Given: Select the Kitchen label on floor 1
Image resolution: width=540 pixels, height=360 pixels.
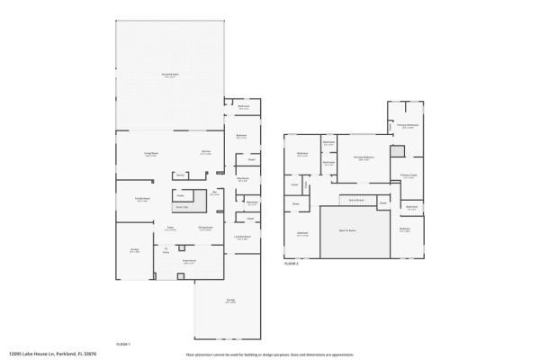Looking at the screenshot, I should coord(206,153).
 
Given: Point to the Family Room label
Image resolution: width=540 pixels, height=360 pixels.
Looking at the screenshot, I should coord(141,199).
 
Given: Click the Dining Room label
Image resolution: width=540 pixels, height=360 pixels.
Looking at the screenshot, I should coord(205,229).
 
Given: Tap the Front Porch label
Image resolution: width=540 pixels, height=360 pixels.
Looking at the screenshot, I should coord(190,261).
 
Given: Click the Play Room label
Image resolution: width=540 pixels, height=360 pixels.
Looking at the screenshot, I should coord(243,180).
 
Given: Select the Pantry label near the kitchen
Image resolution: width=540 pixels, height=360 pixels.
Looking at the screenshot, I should coord(181,175).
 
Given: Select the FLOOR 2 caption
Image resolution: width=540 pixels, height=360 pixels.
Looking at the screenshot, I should coord(291,264).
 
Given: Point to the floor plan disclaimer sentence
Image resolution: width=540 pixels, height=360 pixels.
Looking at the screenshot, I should coord(270,355).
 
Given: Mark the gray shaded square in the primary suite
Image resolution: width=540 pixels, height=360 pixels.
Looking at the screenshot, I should coord(398,150).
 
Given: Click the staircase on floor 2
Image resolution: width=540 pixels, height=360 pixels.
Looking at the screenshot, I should coord(355,199).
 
